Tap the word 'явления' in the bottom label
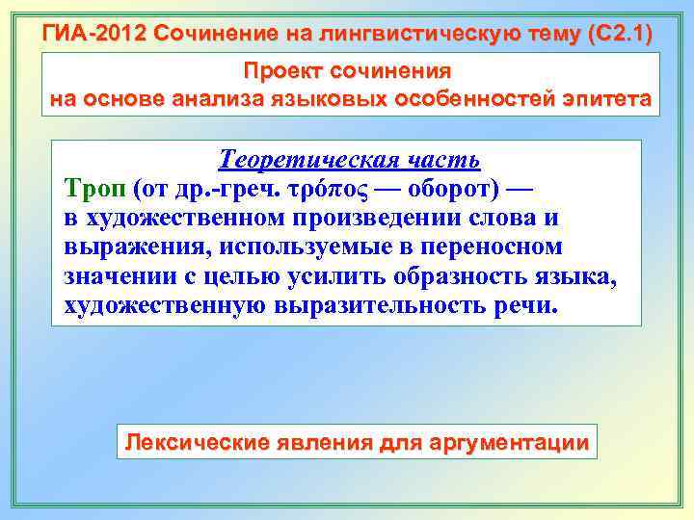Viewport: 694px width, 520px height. click(x=323, y=443)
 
